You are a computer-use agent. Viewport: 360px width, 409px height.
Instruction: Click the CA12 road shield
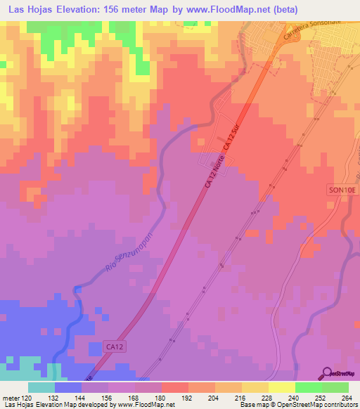pos(101,348)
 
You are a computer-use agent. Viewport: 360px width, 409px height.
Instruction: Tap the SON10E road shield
pos(341,190)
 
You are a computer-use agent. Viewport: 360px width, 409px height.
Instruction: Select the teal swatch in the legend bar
pos(41,387)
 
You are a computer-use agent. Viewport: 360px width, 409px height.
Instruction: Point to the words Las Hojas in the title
pos(34,10)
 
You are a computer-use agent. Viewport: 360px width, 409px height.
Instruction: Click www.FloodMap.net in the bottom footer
pos(148,405)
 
